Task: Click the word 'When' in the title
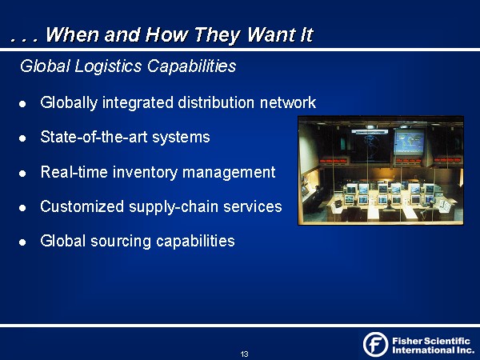click(72, 34)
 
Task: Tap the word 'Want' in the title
click(270, 34)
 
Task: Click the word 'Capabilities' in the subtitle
click(192, 66)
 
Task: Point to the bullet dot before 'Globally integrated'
click(22, 104)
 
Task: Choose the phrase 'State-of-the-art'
click(94, 137)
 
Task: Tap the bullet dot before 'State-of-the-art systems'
click(22, 138)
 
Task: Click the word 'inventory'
click(145, 172)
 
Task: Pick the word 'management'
click(229, 172)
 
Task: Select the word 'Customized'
click(82, 206)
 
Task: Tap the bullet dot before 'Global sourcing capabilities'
click(22, 242)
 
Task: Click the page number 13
click(244, 354)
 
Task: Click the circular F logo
click(376, 344)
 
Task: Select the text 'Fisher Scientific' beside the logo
click(431, 341)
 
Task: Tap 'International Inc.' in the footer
click(433, 350)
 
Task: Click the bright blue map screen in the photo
click(410, 142)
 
